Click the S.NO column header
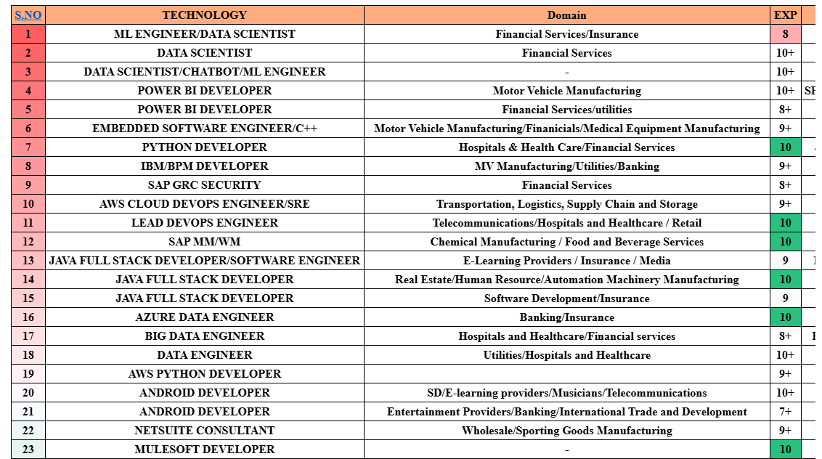tap(28, 15)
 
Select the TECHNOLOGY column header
tap(204, 15)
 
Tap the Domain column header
tap(566, 15)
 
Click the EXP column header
tap(785, 15)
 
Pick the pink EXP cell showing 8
tap(785, 34)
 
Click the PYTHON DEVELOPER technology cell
tap(204, 147)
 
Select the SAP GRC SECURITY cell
tap(204, 185)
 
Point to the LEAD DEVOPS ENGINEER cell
tap(204, 223)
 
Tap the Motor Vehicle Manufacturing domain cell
tap(566, 91)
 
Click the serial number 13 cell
tap(28, 261)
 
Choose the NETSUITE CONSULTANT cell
tap(204, 431)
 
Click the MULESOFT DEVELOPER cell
tap(204, 450)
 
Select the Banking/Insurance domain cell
tap(566, 317)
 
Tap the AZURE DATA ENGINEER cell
tap(204, 317)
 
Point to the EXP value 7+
tap(785, 412)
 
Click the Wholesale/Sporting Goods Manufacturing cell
tap(566, 431)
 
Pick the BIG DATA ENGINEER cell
tap(204, 336)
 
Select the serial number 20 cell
tap(28, 393)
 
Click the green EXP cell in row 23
tap(785, 450)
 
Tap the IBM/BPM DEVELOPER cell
tap(204, 166)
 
